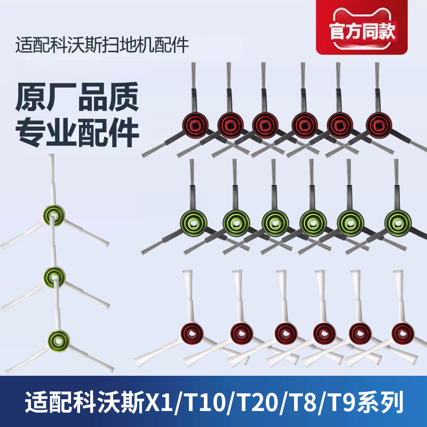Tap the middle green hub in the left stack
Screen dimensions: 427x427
click(56, 275)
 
